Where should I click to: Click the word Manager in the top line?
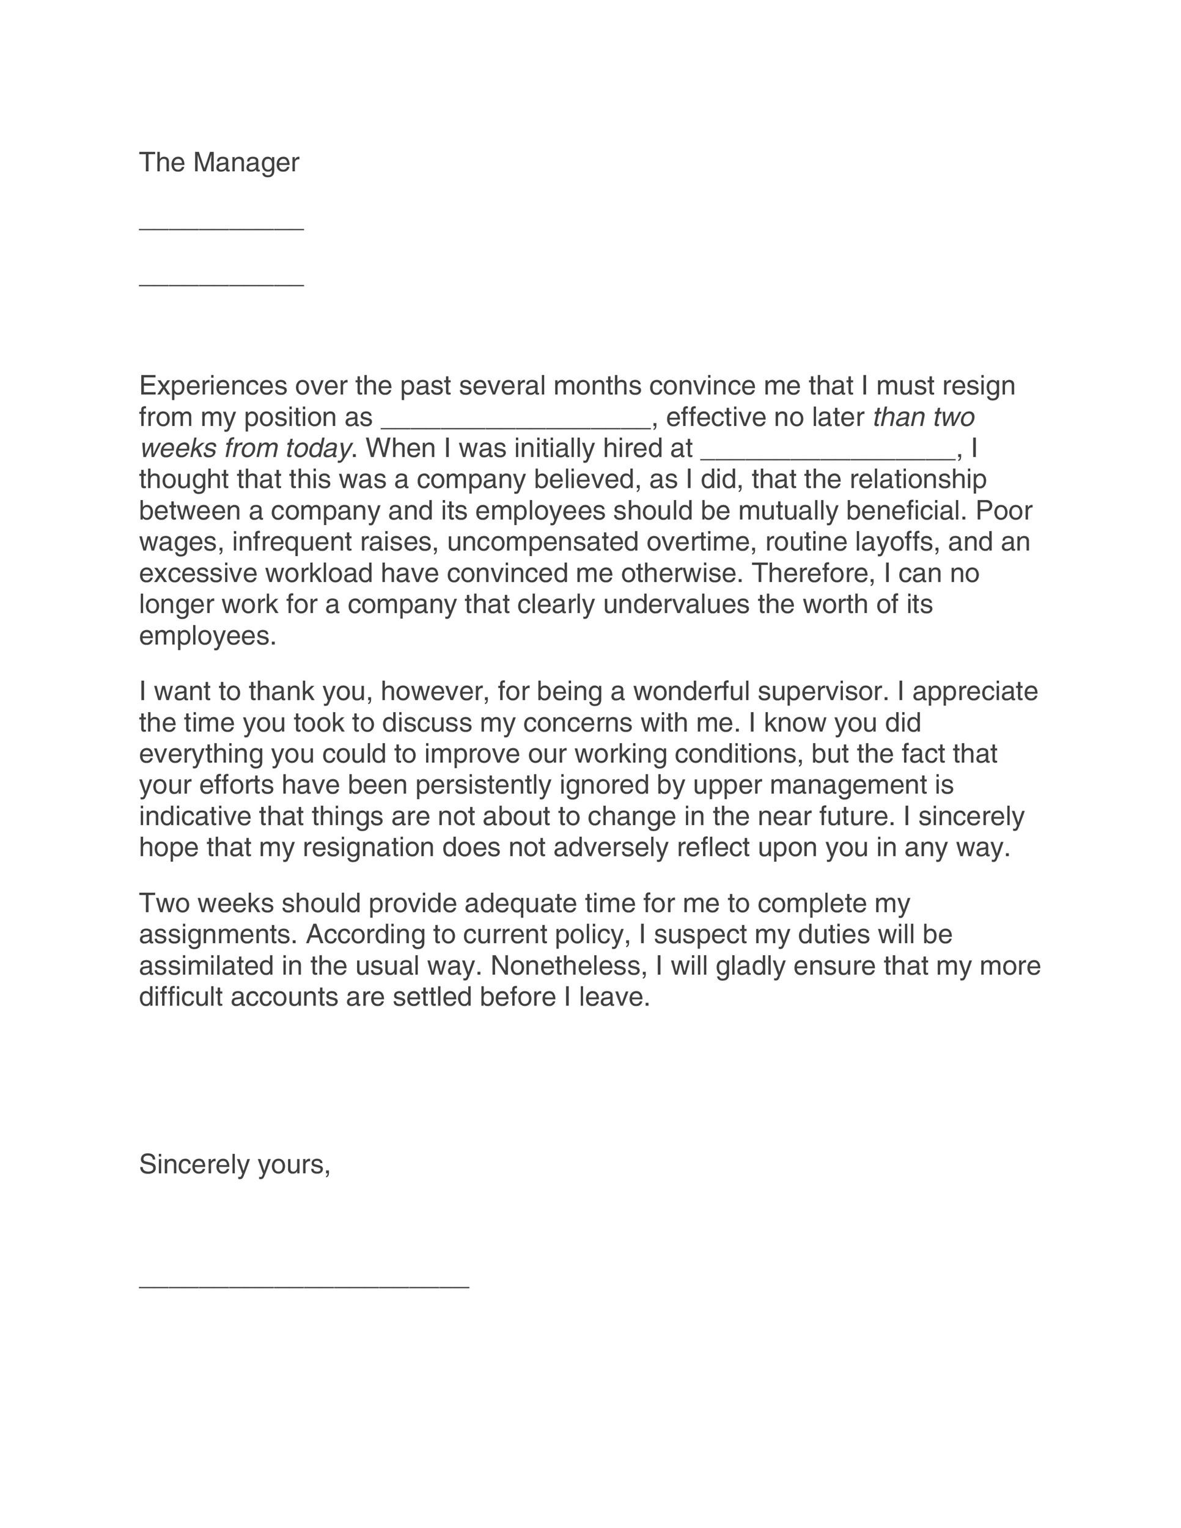[246, 163]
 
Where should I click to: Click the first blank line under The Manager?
[221, 229]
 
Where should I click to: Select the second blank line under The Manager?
[221, 285]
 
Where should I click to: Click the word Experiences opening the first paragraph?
[213, 386]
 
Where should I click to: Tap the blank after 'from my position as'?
[515, 426]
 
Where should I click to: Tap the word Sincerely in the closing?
[194, 1165]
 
